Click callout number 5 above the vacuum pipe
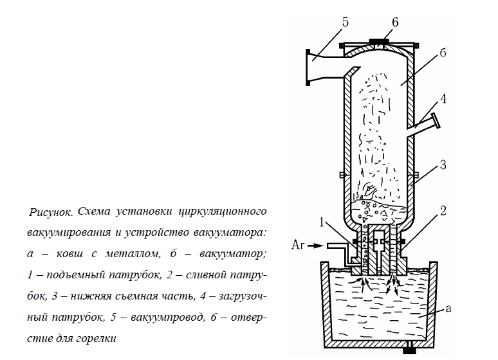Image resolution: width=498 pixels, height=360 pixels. (x=345, y=22)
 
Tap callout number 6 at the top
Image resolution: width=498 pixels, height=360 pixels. (x=394, y=22)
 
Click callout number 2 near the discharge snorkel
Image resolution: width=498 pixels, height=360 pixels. (x=443, y=210)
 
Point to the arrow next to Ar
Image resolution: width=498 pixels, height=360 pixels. (x=315, y=245)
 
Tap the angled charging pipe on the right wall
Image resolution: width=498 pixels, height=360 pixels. (x=425, y=125)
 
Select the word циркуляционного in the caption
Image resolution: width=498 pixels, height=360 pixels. (x=222, y=211)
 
